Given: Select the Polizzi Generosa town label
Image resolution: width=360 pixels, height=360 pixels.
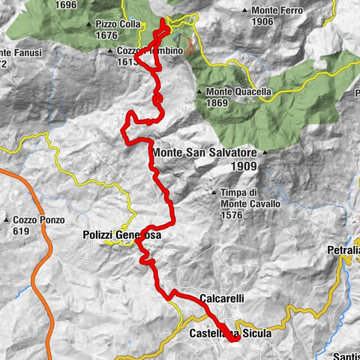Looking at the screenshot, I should coord(121,235).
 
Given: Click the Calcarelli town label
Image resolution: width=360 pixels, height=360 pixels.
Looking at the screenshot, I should coord(222,298).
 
